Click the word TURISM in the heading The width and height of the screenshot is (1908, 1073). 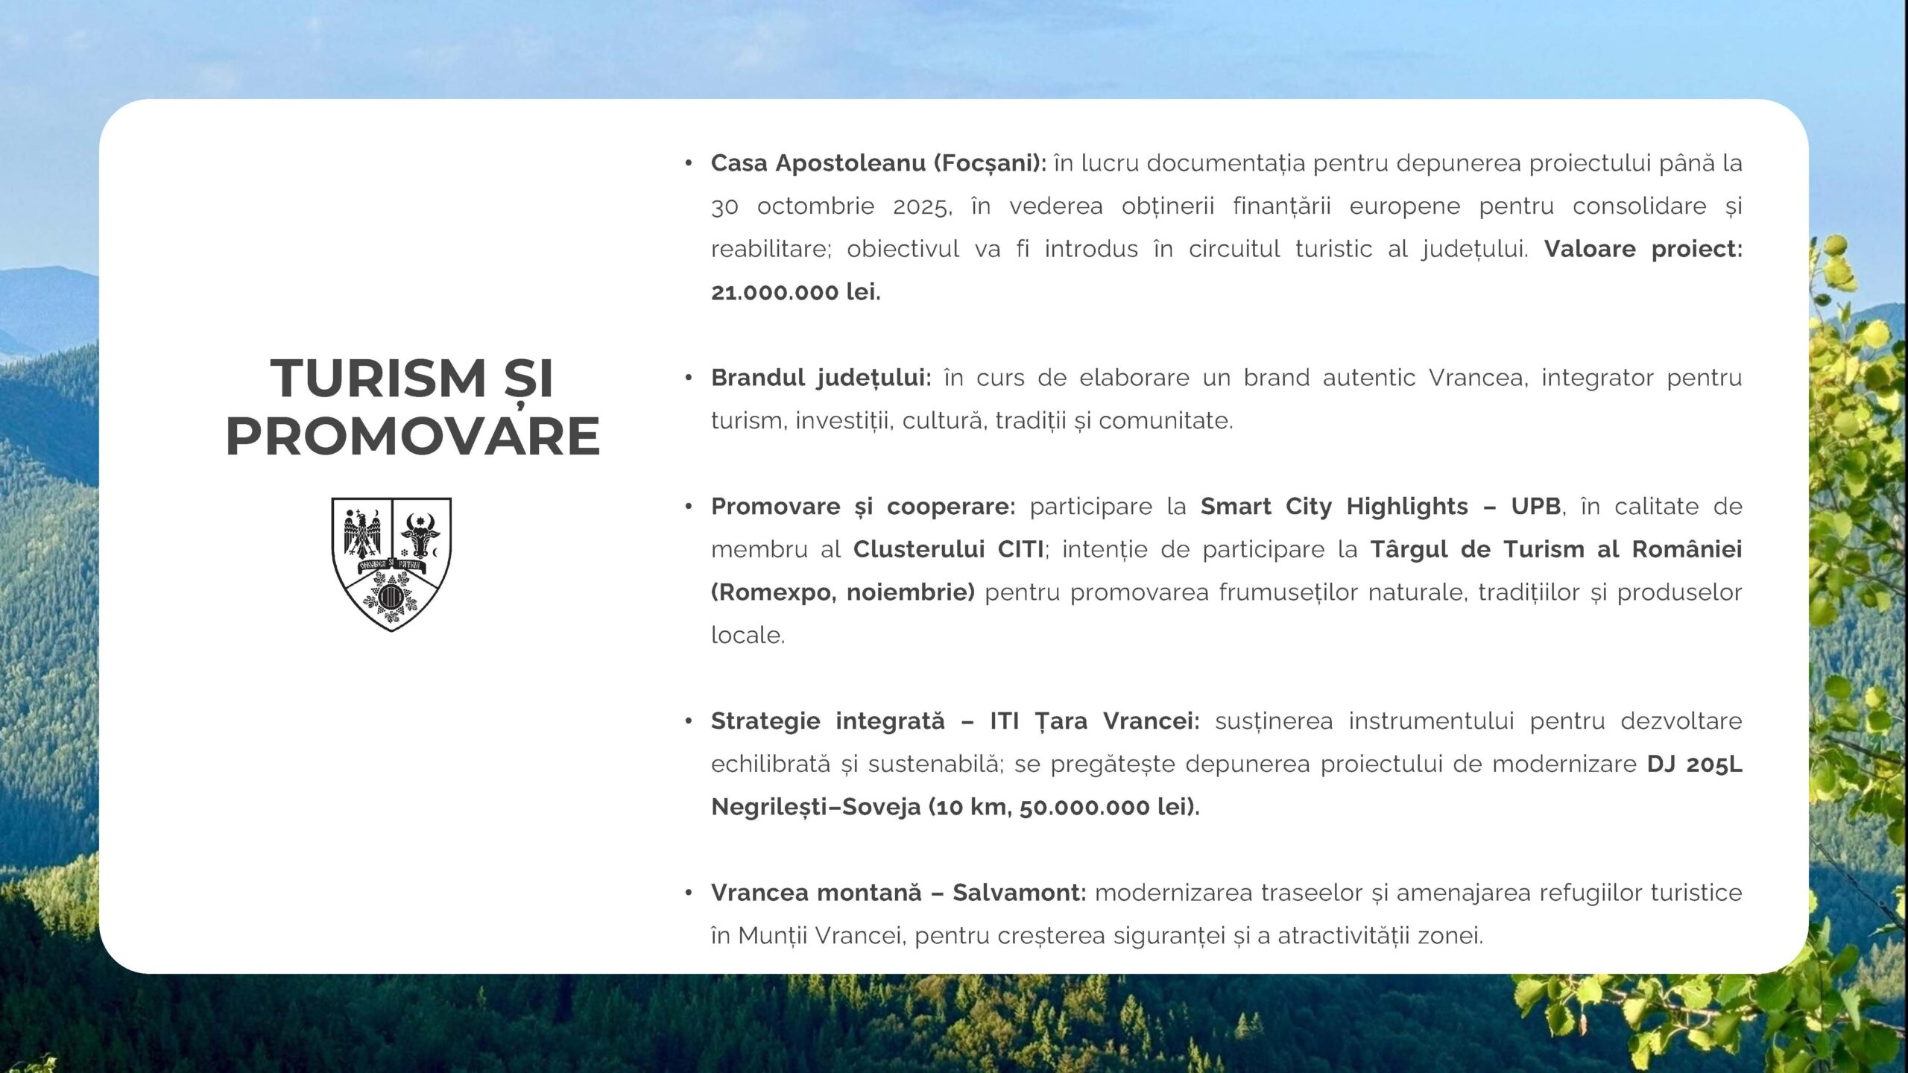378,378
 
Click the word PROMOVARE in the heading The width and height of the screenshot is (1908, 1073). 413,436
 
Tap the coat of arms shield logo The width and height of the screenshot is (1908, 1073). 391,564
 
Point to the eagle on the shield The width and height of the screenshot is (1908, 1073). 362,534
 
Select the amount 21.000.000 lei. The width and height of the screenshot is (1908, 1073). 796,292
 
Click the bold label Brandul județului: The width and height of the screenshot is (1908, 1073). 821,378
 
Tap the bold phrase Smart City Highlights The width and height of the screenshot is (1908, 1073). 1334,507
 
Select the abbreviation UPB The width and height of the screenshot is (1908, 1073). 1535,507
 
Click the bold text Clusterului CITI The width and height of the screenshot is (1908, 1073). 949,549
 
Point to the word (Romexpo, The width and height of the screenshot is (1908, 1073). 774,593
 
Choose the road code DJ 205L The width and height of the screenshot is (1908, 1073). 1695,765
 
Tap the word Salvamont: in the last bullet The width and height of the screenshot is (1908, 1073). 1020,893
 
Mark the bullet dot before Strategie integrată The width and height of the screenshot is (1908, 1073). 689,721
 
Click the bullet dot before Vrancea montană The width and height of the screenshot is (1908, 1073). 689,893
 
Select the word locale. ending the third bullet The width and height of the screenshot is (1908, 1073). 748,636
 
